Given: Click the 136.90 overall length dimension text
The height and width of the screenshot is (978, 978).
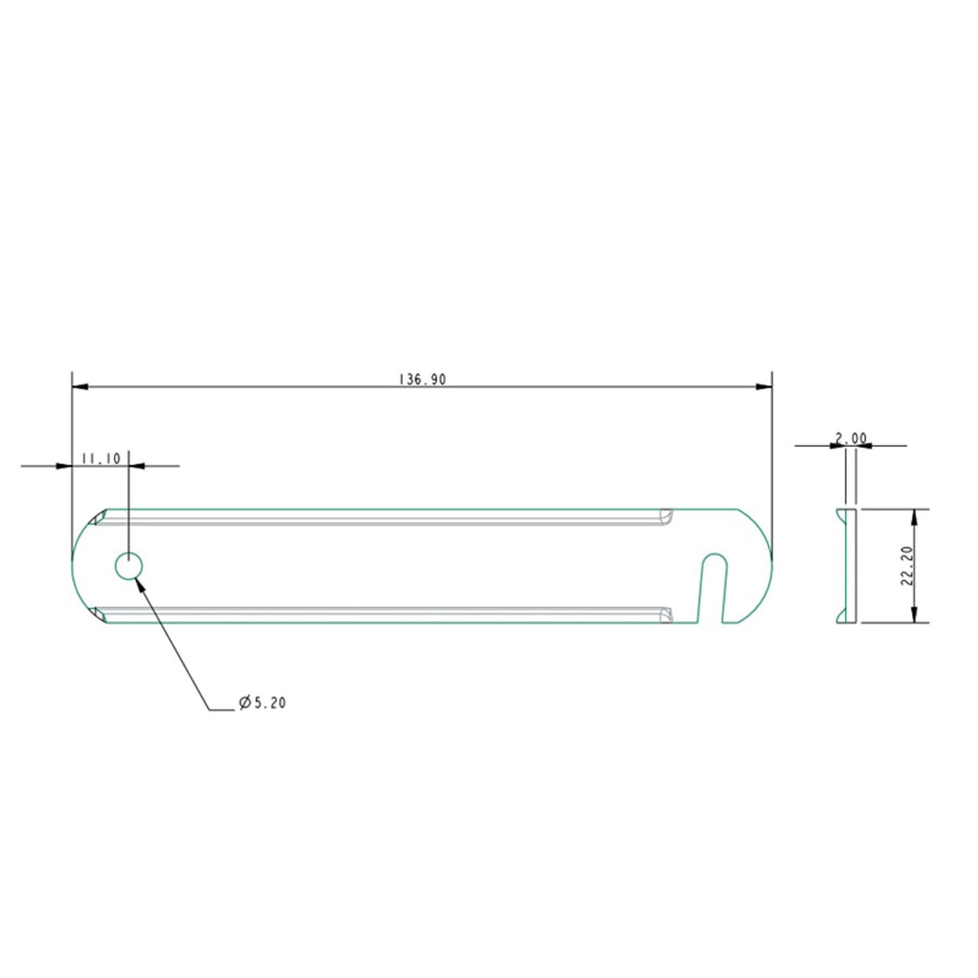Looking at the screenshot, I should (422, 379).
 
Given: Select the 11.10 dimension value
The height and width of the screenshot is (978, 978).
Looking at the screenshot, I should (101, 458).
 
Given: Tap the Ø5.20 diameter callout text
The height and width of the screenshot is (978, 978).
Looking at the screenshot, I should (263, 702).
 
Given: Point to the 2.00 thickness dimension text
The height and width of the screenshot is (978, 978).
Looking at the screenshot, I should (851, 438).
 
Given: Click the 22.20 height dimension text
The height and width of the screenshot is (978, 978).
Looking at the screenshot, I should (906, 566).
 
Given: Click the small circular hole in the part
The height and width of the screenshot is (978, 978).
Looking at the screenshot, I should (129, 566).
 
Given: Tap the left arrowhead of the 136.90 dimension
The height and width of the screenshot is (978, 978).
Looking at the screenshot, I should (80, 387).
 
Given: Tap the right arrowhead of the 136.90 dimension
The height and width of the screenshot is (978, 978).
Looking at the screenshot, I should (765, 387).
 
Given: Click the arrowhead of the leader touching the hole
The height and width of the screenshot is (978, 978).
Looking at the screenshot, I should (143, 583).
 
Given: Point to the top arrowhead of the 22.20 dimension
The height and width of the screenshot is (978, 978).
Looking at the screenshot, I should (914, 516).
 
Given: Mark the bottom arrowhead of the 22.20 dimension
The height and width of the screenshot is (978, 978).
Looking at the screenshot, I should (914, 615).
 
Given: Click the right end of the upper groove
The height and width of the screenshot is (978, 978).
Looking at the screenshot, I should (665, 516).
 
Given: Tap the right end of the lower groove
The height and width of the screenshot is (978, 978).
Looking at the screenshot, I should (665, 615).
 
